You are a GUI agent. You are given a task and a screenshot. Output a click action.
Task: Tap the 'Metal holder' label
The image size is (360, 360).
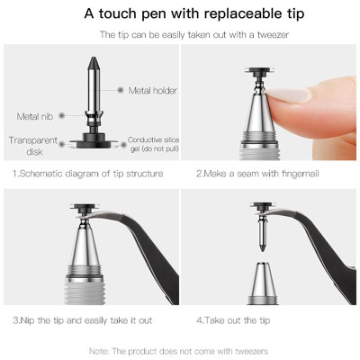point(152,90)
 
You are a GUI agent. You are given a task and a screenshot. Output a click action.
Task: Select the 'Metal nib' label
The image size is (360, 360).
point(35,116)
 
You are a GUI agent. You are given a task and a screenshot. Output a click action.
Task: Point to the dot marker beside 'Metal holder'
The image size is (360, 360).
point(121,90)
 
